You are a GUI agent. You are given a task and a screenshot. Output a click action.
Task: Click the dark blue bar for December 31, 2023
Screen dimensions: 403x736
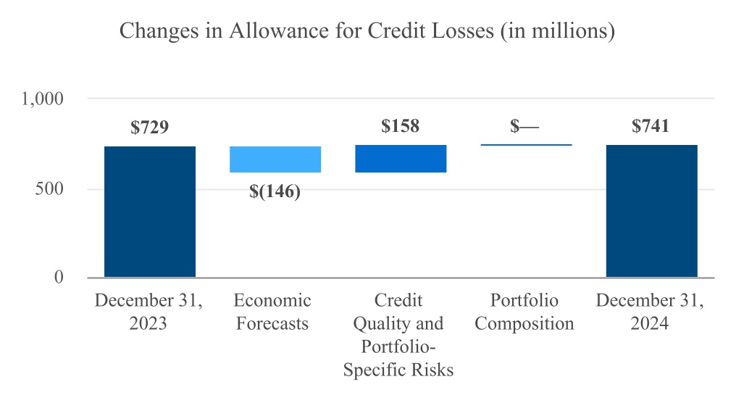click(x=150, y=212)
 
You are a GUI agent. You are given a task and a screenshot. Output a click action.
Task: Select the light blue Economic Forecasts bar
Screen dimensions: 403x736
click(x=275, y=159)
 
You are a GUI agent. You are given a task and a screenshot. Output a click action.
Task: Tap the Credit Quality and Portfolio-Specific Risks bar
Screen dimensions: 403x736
click(x=401, y=159)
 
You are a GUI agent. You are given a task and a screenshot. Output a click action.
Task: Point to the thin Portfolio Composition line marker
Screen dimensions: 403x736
click(x=526, y=145)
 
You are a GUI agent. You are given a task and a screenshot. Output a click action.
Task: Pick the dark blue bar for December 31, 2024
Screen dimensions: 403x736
click(x=651, y=211)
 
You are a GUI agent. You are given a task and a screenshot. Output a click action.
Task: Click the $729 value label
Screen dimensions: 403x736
click(x=150, y=128)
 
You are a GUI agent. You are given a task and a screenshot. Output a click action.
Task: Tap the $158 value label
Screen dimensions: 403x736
click(x=401, y=126)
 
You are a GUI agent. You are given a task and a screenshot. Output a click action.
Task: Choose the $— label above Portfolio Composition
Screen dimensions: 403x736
click(x=524, y=126)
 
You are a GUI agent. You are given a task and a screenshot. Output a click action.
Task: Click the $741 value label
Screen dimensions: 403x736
click(x=651, y=126)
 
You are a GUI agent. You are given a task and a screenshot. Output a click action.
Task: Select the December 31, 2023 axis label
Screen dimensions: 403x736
click(x=149, y=312)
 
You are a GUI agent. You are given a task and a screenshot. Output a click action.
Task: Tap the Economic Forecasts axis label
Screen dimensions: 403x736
click(x=272, y=312)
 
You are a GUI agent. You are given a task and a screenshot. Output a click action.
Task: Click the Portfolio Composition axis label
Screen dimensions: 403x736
click(x=524, y=312)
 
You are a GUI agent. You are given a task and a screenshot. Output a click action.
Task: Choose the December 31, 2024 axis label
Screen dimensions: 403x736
click(x=650, y=312)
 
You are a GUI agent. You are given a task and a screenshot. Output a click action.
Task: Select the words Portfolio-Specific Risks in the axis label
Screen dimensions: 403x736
click(x=398, y=359)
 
